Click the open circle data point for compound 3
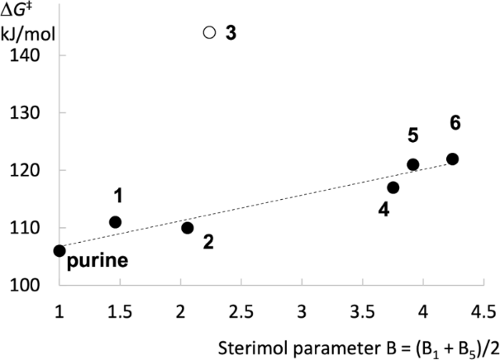click(209, 32)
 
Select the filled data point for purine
click(60, 250)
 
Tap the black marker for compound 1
click(115, 222)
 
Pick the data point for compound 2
click(188, 228)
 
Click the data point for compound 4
click(393, 187)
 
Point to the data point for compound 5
click(413, 164)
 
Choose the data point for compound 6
click(452, 159)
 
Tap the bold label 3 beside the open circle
click(231, 34)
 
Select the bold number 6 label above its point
click(455, 122)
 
